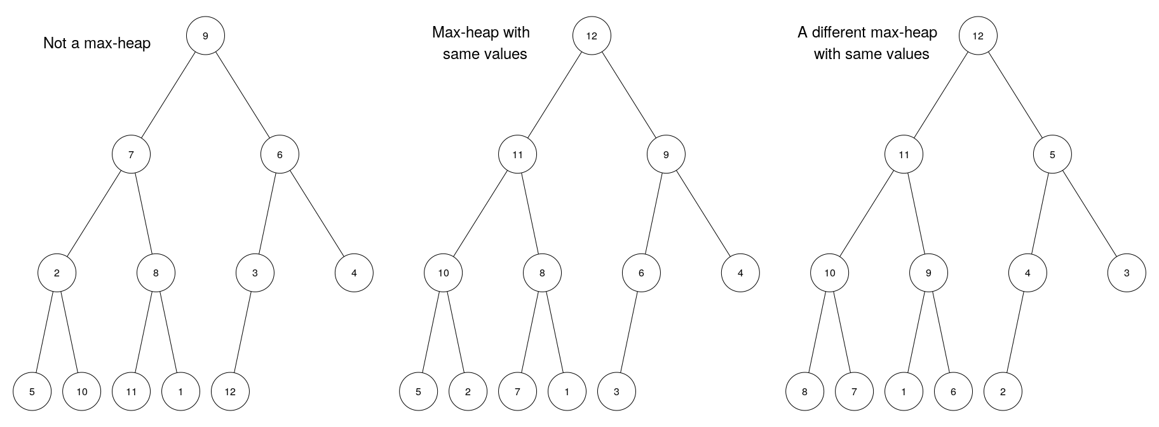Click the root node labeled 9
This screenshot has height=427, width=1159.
click(x=205, y=36)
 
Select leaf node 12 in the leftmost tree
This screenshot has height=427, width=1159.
click(x=230, y=391)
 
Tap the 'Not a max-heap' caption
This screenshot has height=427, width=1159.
click(x=97, y=43)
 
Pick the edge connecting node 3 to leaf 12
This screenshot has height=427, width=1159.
click(x=243, y=332)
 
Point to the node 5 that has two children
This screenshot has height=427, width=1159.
click(x=1052, y=154)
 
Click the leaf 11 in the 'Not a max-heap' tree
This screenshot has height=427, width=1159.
click(x=131, y=391)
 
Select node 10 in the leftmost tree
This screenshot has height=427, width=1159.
click(x=81, y=391)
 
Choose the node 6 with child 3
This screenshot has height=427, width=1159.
click(x=641, y=273)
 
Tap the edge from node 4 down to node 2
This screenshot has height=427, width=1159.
click(x=1015, y=332)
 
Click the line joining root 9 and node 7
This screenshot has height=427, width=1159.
click(x=168, y=95)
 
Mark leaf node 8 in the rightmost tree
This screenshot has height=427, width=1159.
click(x=804, y=391)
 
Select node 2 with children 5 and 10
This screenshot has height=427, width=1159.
click(x=57, y=273)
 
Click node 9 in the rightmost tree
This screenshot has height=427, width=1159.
click(x=928, y=273)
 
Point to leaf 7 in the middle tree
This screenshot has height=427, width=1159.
click(x=517, y=391)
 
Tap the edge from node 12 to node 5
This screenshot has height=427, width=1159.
click(x=1015, y=95)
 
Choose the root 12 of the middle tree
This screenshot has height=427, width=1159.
click(x=592, y=36)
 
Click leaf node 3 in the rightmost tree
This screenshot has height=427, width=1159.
click(x=1127, y=273)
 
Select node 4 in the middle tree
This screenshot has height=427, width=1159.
click(x=740, y=273)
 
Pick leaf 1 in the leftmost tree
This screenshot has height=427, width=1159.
click(x=180, y=391)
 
